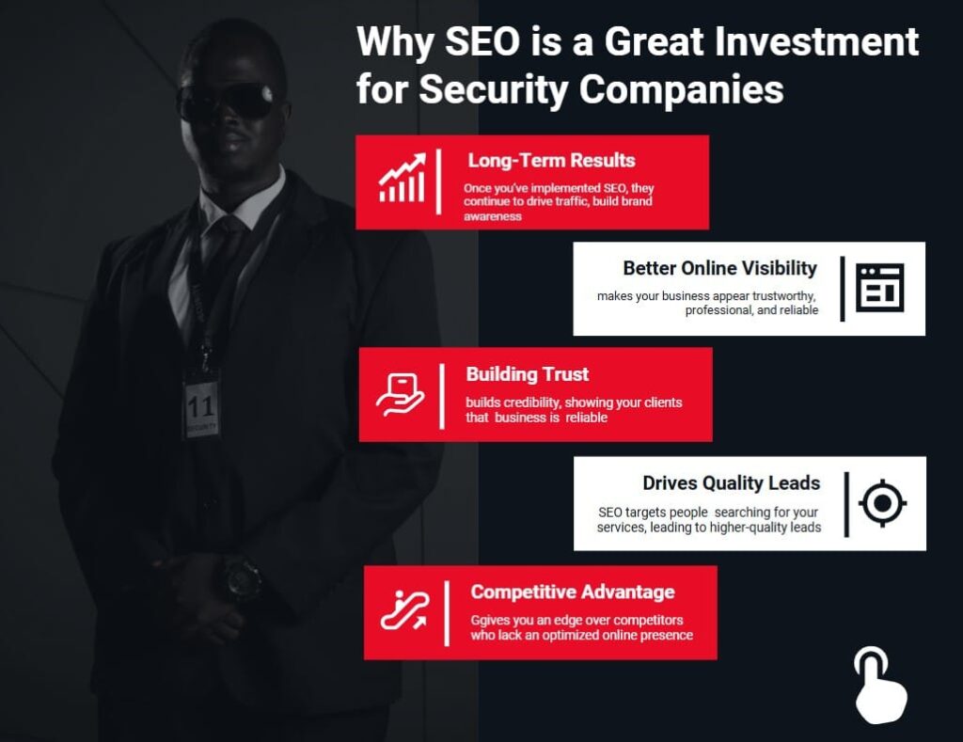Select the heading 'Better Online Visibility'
click(719, 269)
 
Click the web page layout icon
click(879, 288)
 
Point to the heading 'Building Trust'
click(527, 374)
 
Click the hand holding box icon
click(401, 394)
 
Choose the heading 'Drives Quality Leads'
click(731, 483)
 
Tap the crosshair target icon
click(882, 503)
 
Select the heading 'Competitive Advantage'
click(572, 592)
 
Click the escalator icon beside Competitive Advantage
click(404, 611)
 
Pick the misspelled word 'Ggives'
click(491, 621)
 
